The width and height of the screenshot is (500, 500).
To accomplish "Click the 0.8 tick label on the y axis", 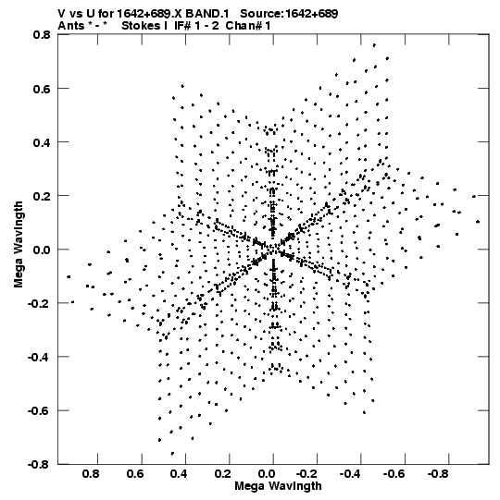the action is pos(42,34).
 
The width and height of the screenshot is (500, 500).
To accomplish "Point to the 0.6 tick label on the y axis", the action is pos(42,89).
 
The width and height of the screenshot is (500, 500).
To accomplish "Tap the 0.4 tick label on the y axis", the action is pos(42,142).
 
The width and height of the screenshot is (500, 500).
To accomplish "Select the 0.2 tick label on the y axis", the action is pos(42,196).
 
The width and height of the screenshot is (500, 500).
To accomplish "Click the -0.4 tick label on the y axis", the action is pos(39,357).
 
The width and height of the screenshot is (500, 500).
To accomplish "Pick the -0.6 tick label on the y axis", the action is pos(39,410).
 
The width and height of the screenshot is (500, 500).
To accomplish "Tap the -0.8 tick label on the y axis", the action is pos(39,464).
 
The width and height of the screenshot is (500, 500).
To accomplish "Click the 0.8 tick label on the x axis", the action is pos(91,473).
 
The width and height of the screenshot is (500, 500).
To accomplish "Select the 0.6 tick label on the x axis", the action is pos(135,473).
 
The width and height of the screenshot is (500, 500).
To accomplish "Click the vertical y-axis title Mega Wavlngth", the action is pos(19,244).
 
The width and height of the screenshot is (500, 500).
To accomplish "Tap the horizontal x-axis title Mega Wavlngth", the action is pos(278,486).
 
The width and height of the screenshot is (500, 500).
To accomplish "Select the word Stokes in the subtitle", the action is pos(141,26).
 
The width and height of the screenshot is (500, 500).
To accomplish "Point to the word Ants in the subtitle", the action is pos(71,26).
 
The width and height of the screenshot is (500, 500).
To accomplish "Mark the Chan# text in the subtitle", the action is pos(244,26).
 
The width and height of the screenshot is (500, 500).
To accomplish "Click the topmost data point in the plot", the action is pos(374,45).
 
